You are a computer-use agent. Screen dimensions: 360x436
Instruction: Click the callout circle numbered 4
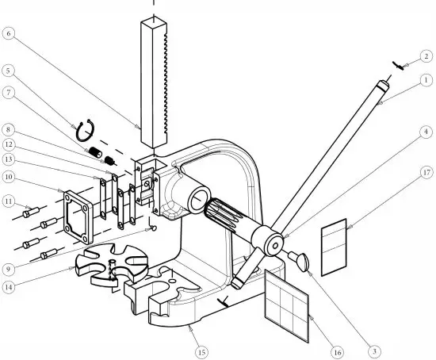(x=426, y=130)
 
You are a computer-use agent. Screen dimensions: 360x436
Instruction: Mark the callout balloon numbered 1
(x=426, y=79)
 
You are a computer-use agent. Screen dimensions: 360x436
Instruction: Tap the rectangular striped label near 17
(x=334, y=247)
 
